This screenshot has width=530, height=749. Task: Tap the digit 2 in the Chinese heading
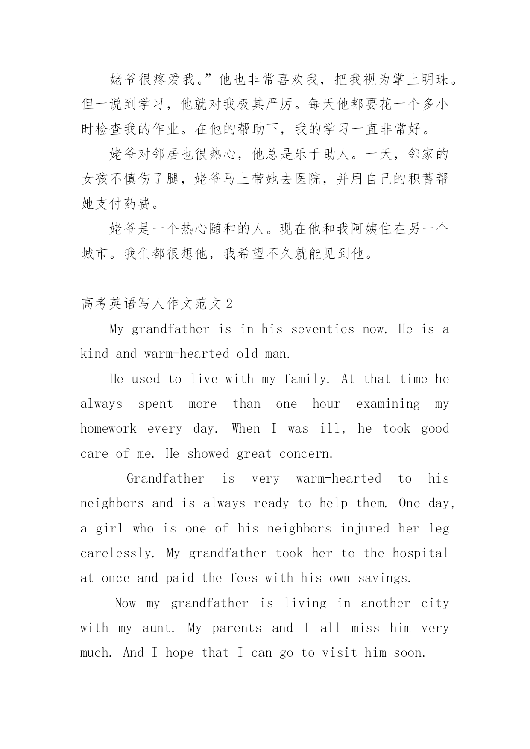tap(229, 304)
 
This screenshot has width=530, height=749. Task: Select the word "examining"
tap(388, 404)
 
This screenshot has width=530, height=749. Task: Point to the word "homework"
tap(108, 429)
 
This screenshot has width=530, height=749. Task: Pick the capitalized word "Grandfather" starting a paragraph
tap(165, 479)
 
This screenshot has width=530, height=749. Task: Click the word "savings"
tap(384, 578)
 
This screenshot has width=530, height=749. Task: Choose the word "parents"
tap(237, 628)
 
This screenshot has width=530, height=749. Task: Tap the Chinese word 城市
tap(95, 254)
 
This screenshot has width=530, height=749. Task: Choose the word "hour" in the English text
tap(326, 404)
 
